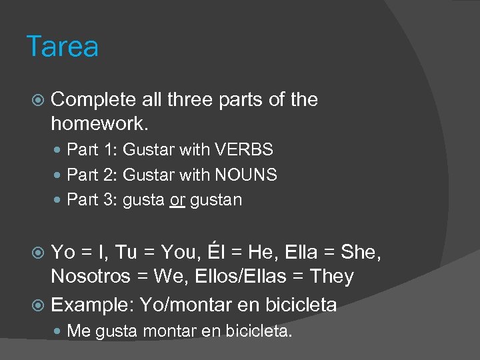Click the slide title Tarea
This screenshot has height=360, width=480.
point(63,47)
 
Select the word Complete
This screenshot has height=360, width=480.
point(93,100)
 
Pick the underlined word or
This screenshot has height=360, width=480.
point(177,200)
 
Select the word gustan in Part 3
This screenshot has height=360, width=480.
point(216,200)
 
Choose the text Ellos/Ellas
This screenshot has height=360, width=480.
point(243,276)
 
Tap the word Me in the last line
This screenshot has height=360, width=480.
point(79,330)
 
